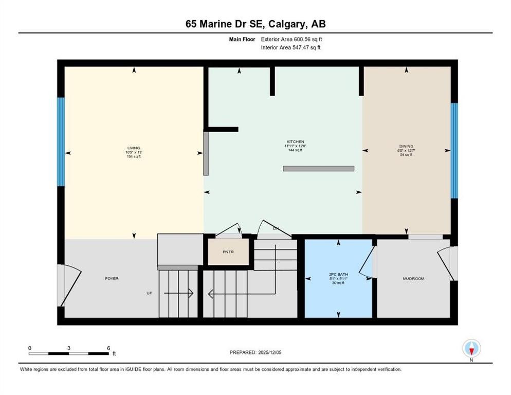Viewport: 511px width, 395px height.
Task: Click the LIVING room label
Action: click(134, 148)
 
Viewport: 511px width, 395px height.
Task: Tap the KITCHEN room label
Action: click(296, 141)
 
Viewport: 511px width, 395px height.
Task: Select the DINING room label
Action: click(406, 146)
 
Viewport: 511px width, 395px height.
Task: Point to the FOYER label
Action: click(112, 279)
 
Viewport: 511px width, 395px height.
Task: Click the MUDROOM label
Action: click(413, 279)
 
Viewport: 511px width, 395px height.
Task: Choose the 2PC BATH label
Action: click(338, 275)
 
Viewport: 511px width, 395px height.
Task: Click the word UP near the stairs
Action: click(149, 293)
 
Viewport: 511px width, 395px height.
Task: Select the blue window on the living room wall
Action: click(61, 141)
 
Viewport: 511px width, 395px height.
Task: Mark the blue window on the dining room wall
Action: click(454, 151)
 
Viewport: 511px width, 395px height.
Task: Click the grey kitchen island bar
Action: click(318, 168)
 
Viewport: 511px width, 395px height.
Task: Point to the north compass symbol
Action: click(471, 349)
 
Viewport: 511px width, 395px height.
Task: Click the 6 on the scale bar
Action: click(108, 348)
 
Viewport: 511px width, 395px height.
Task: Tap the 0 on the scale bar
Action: click(30, 348)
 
